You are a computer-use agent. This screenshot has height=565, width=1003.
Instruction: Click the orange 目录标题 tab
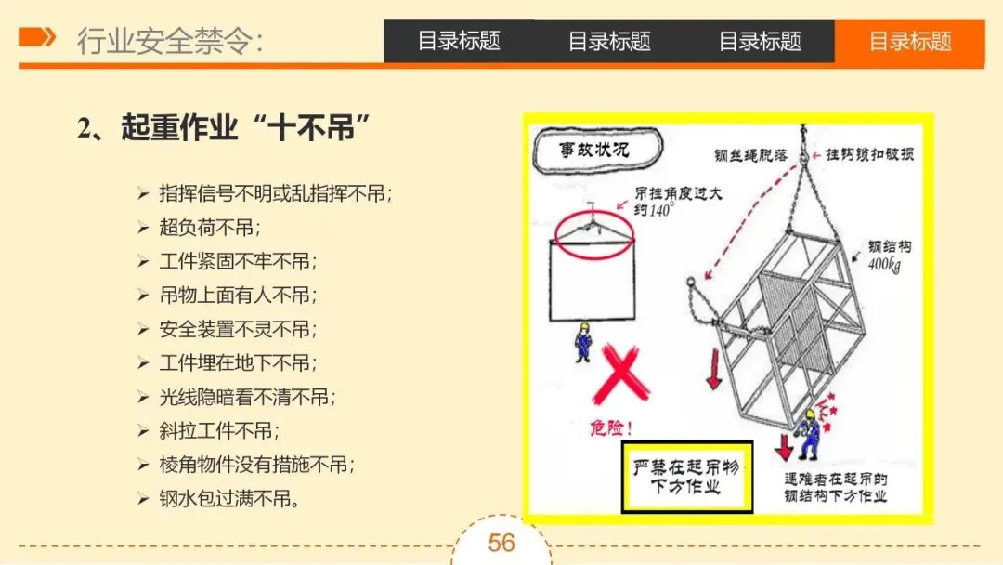coord(909,42)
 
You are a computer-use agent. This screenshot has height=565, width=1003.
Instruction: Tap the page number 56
coord(501,544)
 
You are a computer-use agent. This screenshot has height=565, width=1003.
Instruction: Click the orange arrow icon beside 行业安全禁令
coord(37,37)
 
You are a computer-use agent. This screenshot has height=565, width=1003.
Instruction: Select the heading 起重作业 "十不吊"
coord(223,128)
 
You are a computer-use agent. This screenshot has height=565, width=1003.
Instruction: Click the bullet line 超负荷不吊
coord(210,227)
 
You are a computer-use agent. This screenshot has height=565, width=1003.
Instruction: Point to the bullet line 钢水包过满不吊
coord(229,498)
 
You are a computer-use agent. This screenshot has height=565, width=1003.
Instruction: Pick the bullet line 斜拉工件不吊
coord(219,430)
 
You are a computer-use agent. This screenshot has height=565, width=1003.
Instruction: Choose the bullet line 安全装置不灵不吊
coord(238,329)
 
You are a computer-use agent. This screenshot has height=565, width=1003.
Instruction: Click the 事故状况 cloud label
coord(597,151)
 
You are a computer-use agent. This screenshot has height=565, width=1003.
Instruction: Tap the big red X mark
coord(620,374)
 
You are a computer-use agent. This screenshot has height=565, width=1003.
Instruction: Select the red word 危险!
coord(611,427)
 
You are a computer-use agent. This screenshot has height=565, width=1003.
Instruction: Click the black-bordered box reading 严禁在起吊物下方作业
coord(687,477)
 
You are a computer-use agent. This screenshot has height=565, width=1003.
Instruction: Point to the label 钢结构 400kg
coord(889,256)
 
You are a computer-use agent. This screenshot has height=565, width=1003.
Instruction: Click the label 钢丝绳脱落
coord(750,155)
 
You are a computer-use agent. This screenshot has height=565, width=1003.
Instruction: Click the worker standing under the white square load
coord(582,342)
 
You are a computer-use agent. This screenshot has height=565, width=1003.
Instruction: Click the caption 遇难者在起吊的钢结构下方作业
coord(836,488)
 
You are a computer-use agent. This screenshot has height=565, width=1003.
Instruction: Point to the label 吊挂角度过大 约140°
coord(678,201)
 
